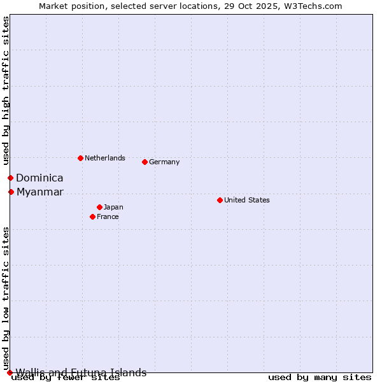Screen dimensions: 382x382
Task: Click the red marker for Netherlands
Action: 80,158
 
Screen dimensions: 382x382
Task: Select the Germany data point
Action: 145,162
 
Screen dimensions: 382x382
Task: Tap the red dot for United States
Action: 220,200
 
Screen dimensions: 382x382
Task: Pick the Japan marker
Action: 99,207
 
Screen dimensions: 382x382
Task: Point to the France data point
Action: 92,216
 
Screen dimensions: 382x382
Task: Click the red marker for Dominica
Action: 10,178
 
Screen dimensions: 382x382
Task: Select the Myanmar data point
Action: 11,192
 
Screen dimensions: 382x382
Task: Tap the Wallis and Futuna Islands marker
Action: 10,372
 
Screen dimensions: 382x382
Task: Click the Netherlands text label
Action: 105,158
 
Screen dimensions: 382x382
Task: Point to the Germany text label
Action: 164,162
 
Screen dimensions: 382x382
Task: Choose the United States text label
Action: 247,200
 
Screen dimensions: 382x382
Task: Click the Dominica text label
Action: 39,178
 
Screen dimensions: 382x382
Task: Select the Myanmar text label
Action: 40,192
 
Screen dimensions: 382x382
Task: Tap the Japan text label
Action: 113,207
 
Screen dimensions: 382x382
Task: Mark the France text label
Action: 108,216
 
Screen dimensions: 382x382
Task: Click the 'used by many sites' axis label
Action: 320,378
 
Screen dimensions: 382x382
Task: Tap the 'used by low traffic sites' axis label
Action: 6,298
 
